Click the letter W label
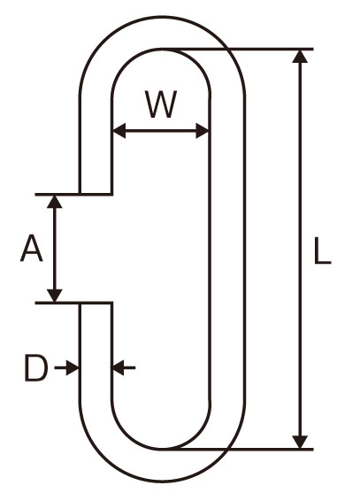point(161,104)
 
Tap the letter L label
point(322,250)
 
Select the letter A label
point(31,248)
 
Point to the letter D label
point(36,368)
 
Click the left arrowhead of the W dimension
point(119,131)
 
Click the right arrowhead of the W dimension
point(203,131)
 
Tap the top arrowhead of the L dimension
point(300,57)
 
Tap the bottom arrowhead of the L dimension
point(300,442)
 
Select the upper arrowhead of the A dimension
point(55,202)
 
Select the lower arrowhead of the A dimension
point(55,295)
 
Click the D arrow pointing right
point(66,368)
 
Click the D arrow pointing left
point(124,368)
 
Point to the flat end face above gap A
point(96,194)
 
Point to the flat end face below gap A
point(96,302)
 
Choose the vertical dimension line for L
point(300,250)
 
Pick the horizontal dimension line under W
point(161,131)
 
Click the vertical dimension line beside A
point(55,248)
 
